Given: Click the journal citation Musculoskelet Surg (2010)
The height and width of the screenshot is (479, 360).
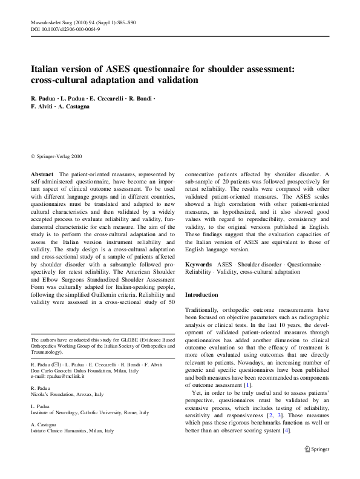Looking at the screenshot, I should tap(55, 22).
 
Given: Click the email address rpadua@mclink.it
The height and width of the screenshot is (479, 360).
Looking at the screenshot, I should tap(62, 376).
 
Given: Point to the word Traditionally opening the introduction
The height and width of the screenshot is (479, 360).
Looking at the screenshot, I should tap(205, 308).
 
